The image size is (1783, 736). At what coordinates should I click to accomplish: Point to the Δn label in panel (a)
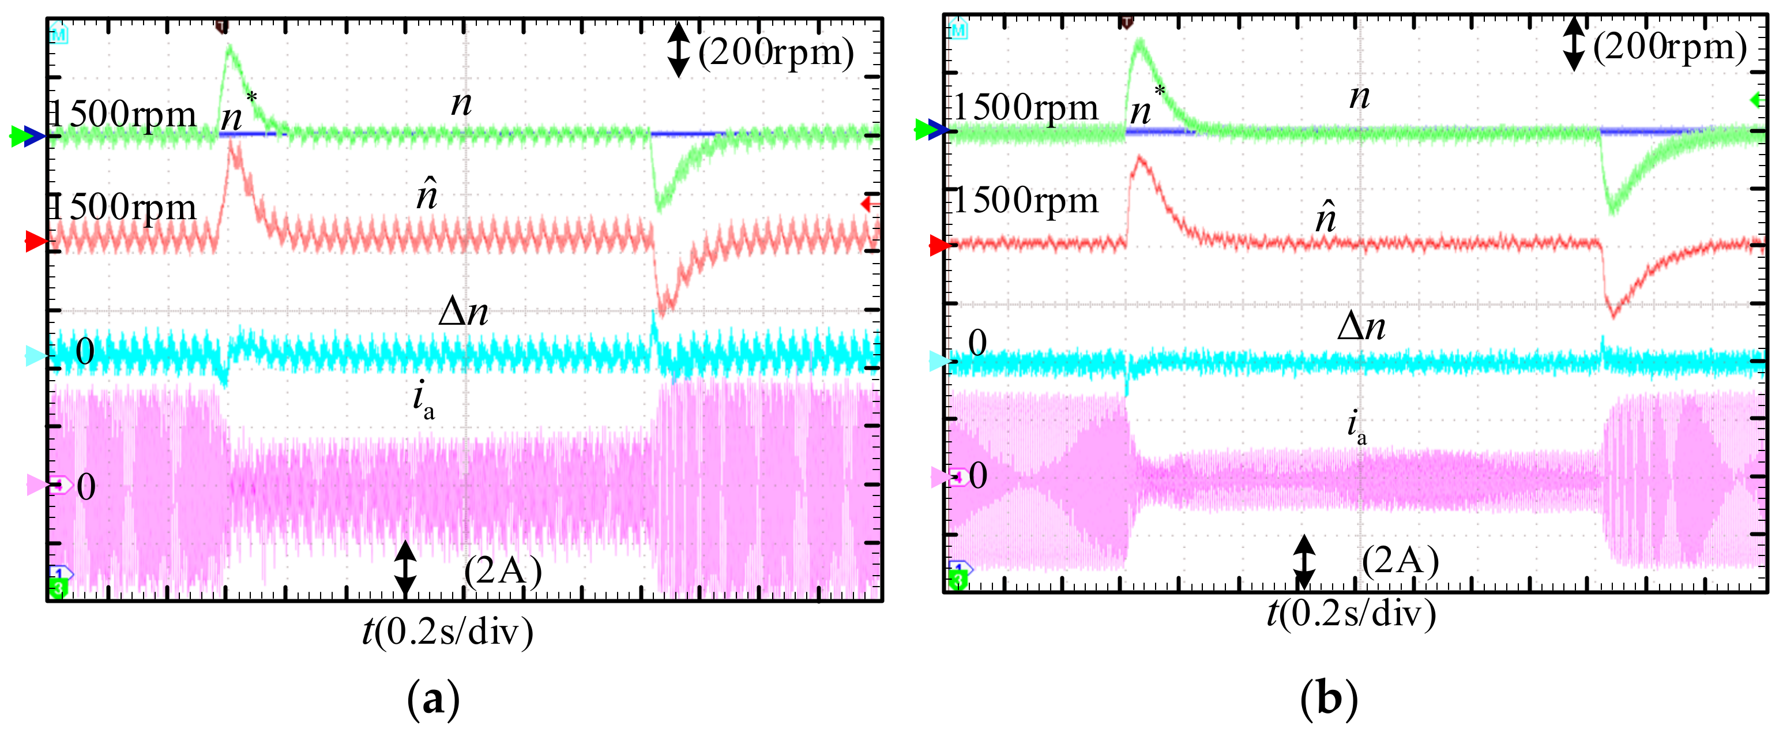[x=463, y=312]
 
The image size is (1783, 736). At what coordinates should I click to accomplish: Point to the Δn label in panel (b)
[x=1361, y=326]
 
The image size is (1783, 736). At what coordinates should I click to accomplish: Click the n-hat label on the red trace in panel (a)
[x=427, y=196]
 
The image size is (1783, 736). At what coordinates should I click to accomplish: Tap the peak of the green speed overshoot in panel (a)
[x=229, y=46]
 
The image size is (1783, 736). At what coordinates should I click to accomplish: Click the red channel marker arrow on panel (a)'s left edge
[x=35, y=242]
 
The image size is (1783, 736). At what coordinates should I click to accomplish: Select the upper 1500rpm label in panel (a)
[x=125, y=114]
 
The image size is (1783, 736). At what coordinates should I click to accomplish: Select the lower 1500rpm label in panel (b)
[x=1026, y=201]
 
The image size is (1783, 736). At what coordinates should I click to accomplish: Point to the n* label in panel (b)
[x=1146, y=107]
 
